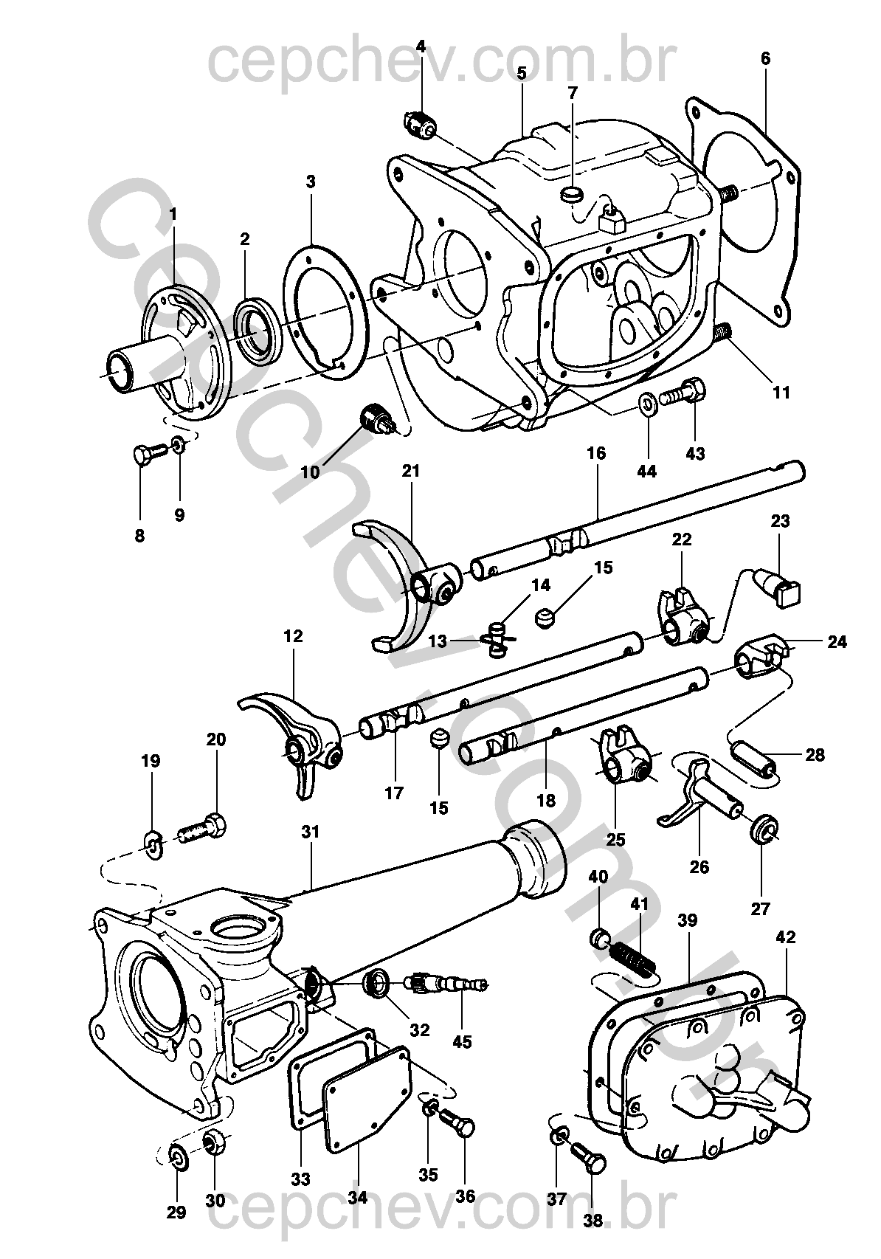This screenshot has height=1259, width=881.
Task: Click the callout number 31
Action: point(311,832)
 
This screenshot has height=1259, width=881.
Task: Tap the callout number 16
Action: point(596,452)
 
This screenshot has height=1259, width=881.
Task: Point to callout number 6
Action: point(765,58)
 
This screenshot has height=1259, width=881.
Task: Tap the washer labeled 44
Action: point(648,403)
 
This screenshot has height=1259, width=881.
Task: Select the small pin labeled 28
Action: point(753,762)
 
